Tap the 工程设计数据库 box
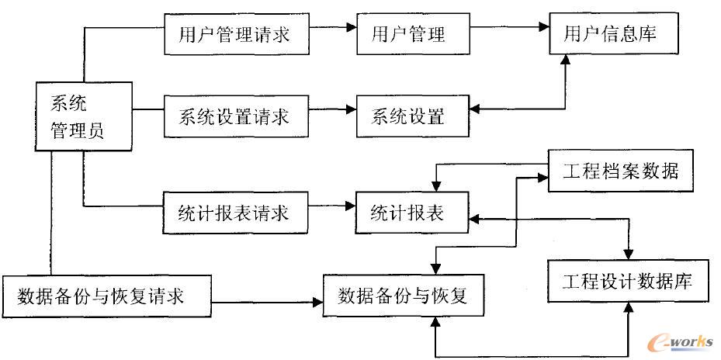pyautogui.click(x=629, y=281)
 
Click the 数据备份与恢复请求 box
pyautogui.click(x=106, y=296)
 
